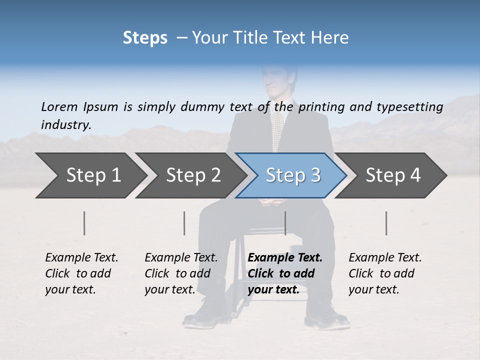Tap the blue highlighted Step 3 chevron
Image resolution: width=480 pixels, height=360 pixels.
click(x=292, y=175)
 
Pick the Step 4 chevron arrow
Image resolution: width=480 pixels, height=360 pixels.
click(x=393, y=175)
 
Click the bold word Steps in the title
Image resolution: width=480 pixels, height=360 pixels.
click(x=145, y=37)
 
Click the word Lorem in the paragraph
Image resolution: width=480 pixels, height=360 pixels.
click(x=59, y=106)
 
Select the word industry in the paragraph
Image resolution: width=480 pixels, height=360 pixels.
click(x=65, y=124)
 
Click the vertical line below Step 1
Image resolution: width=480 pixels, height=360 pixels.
click(x=84, y=223)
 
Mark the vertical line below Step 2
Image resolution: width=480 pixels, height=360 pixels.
click(x=184, y=223)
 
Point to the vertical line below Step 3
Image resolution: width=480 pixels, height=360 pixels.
click(x=285, y=223)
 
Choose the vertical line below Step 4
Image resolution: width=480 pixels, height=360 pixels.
click(x=386, y=223)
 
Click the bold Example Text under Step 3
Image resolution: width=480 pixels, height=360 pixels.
click(x=285, y=257)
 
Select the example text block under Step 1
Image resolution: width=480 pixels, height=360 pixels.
click(x=81, y=273)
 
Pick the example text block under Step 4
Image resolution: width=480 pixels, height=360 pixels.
click(x=385, y=273)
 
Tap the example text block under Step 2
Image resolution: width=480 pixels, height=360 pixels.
click(x=181, y=273)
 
